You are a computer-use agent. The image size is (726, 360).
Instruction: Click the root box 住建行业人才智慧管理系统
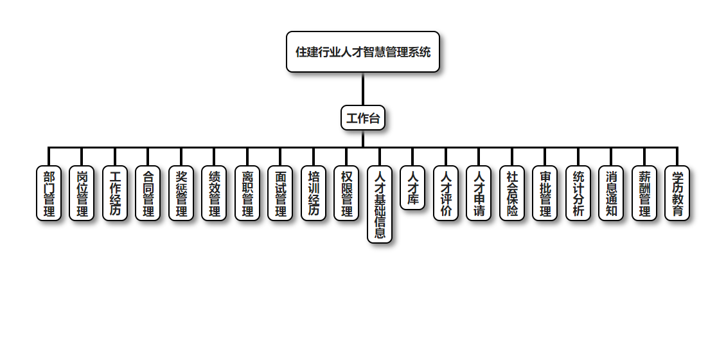[363, 52]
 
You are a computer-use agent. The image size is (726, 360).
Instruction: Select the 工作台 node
[363, 118]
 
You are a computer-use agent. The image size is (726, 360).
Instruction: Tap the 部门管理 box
[49, 194]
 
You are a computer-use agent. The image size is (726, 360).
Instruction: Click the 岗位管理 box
[82, 194]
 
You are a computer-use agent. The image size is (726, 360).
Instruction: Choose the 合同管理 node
[148, 194]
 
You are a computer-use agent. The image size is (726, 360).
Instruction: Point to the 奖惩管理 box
[181, 194]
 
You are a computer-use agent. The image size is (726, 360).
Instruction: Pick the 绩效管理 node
[214, 194]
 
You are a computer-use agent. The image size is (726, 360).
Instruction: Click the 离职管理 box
[247, 194]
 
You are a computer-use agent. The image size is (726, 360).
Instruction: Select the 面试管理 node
[280, 194]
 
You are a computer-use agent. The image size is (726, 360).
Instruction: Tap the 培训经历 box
[314, 194]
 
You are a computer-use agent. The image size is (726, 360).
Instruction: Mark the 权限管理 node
[346, 194]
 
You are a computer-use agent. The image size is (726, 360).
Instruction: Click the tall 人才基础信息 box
[380, 204]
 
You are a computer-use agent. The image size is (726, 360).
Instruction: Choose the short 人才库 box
[412, 188]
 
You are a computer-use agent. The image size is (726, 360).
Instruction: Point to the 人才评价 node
[446, 194]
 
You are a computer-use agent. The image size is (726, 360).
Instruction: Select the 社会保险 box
[512, 194]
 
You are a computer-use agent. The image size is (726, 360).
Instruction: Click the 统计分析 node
[578, 194]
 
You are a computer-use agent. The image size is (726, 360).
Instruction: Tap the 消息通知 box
[611, 194]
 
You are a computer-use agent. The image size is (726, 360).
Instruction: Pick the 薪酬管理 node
[644, 194]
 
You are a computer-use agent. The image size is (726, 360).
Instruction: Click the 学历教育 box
[677, 194]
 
